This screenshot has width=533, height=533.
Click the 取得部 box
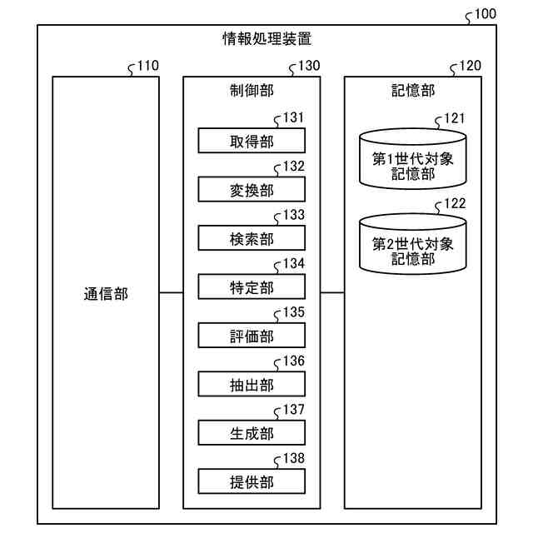pyautogui.click(x=251, y=141)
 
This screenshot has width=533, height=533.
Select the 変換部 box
pyautogui.click(x=251, y=190)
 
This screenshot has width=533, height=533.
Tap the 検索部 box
pyautogui.click(x=251, y=239)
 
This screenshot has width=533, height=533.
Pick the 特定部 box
pyautogui.click(x=251, y=287)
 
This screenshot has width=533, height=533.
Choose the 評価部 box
pyautogui.click(x=251, y=336)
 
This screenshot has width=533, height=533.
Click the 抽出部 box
pyautogui.click(x=251, y=384)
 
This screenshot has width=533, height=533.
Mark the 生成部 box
pyautogui.click(x=251, y=433)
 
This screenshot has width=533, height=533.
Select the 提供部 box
pyautogui.click(x=251, y=481)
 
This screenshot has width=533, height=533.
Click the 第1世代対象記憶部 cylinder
pyautogui.click(x=412, y=158)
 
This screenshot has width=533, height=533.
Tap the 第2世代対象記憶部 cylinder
pyautogui.click(x=412, y=244)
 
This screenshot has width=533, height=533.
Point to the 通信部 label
pyautogui.click(x=106, y=293)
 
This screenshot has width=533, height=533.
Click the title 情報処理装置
pyautogui.click(x=266, y=38)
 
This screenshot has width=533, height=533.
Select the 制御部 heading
pyautogui.click(x=251, y=91)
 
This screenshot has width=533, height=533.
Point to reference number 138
pyautogui.click(x=293, y=458)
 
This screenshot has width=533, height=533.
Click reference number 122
pyautogui.click(x=455, y=202)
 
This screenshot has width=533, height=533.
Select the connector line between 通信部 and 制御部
pyautogui.click(x=172, y=293)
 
